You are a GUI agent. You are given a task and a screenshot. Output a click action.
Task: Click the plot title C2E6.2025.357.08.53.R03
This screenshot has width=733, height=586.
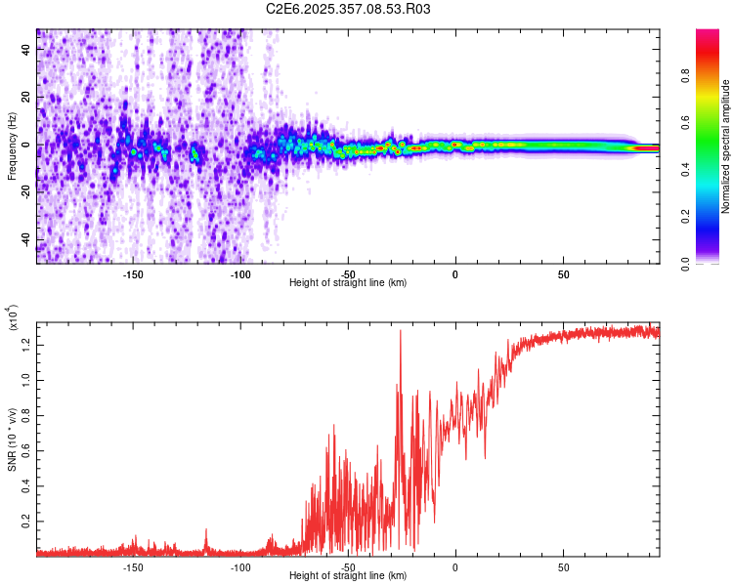click(x=349, y=9)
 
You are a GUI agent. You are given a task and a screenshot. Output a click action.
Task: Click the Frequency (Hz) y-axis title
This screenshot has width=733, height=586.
click(x=13, y=146)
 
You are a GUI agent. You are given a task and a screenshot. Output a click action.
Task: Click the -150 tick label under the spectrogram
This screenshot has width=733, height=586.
click(x=133, y=273)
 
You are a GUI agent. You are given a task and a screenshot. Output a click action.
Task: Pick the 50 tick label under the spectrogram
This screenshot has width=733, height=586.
click(x=563, y=273)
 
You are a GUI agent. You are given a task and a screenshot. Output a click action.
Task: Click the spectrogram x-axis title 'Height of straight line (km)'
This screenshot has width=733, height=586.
click(x=348, y=283)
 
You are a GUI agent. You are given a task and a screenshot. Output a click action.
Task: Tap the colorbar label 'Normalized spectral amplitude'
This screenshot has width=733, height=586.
click(x=725, y=146)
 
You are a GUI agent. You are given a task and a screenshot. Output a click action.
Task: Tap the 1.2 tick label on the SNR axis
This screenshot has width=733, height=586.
click(x=27, y=343)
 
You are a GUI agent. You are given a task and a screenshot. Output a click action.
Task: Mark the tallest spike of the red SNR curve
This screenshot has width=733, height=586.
click(x=401, y=332)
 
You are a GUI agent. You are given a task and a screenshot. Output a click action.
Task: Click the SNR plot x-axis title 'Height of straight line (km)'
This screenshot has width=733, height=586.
click(x=348, y=576)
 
